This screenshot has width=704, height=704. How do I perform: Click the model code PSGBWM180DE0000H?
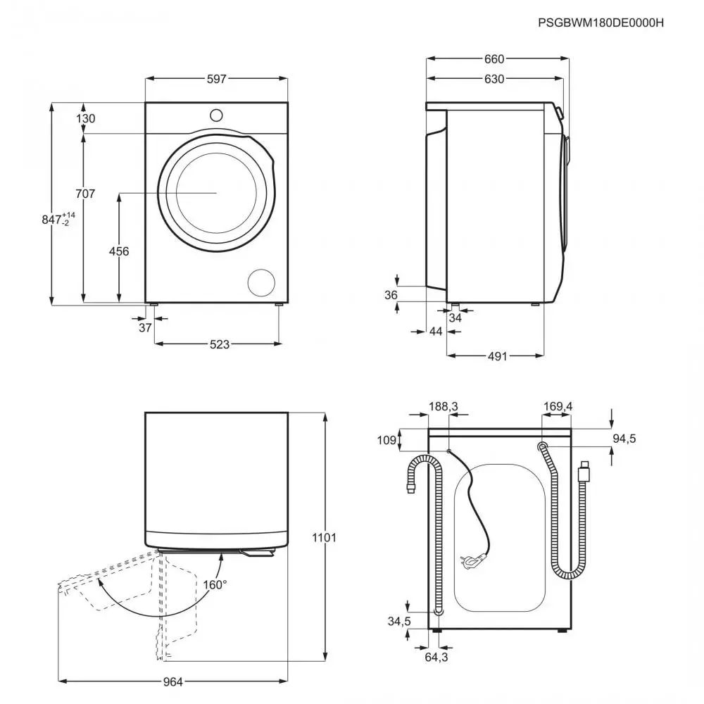tap(601, 23)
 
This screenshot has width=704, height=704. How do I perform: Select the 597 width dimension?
tap(217, 80)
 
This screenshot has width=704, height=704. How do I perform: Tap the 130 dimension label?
tap(85, 118)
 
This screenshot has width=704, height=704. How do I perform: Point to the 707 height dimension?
tap(85, 194)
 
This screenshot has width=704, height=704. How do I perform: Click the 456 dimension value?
tap(118, 251)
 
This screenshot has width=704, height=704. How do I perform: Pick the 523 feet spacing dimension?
tap(220, 344)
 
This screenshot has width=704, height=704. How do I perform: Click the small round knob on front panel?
tap(216, 115)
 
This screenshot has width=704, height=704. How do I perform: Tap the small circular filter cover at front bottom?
tap(261, 282)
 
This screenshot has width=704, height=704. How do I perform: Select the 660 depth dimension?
tap(495, 59)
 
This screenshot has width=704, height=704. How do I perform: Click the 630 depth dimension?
tap(494, 80)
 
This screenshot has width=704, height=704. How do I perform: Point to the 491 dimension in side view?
tap(497, 356)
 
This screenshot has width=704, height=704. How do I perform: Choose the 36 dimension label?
tap(391, 295)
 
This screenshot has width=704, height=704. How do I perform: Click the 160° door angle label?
tap(216, 584)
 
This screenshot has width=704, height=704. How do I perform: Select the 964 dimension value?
tap(173, 681)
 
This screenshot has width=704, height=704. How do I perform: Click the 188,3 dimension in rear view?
tap(444, 406)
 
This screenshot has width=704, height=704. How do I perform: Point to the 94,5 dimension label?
tap(624, 439)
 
